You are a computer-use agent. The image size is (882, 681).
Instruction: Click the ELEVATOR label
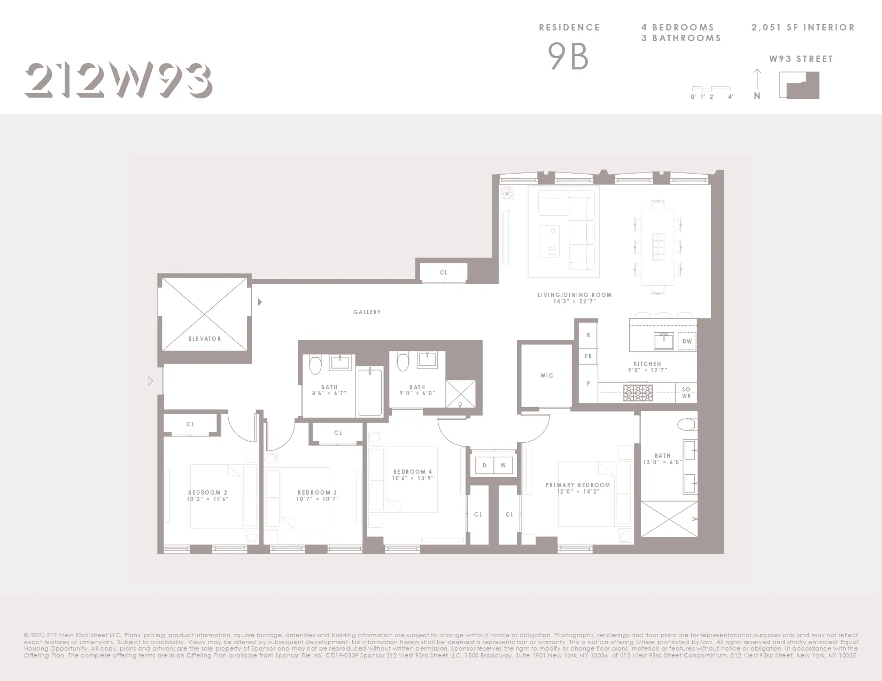[205, 339]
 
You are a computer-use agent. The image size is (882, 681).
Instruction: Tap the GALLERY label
[367, 312]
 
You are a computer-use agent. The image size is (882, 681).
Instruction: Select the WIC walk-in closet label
[547, 375]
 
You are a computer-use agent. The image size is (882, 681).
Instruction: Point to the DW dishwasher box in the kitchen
[687, 341]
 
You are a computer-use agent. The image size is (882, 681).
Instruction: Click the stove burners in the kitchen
[638, 393]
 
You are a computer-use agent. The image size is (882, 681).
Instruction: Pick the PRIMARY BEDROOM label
[578, 485]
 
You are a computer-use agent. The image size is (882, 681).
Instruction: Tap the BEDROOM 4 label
[413, 472]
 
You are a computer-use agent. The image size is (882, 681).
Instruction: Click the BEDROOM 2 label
[208, 492]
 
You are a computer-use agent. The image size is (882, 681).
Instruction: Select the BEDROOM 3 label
[318, 492]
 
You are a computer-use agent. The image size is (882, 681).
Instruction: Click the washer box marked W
[503, 465]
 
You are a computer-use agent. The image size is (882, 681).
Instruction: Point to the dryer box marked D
[485, 465]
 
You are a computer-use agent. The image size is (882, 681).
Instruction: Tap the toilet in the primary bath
[686, 425]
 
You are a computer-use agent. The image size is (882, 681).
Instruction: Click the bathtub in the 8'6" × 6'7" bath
[370, 392]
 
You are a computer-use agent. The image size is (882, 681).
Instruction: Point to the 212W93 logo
[119, 81]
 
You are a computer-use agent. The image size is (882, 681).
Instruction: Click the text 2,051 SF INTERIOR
[803, 27]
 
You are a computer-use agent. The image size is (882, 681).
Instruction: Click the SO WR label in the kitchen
[686, 393]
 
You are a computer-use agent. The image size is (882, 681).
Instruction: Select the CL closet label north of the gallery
[444, 272]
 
